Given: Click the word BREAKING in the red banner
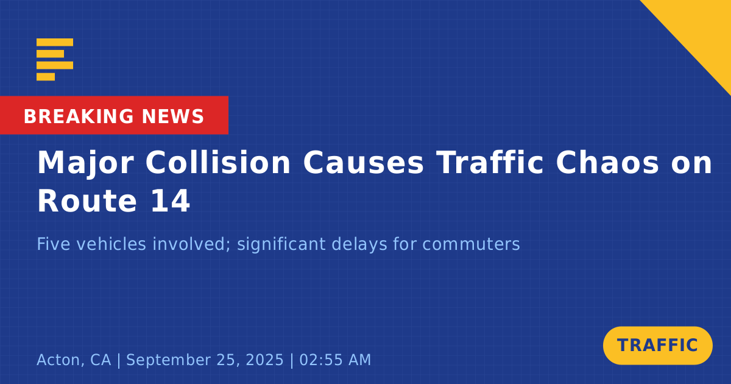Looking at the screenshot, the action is (79, 116).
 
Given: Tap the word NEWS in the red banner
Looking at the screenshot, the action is (173, 116).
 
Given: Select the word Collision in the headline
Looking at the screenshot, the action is (218, 163).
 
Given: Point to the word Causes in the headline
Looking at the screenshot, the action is (364, 163).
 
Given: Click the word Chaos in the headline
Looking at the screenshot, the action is (607, 163).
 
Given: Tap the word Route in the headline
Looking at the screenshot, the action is (87, 201).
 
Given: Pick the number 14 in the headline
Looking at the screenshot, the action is (170, 201).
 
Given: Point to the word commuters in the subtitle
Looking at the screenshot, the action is (471, 244).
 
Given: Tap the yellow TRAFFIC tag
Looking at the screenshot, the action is (657, 346).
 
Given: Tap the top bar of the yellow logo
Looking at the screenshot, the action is (55, 42).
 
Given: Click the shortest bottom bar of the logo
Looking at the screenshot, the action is (46, 76).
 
